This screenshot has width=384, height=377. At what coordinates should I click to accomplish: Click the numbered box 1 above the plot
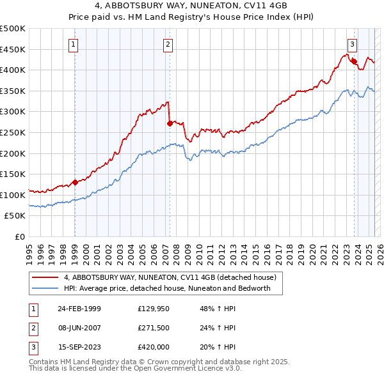[74, 45]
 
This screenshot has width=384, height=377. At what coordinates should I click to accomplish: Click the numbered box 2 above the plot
[168, 45]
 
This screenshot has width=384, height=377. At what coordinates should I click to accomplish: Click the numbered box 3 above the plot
[352, 45]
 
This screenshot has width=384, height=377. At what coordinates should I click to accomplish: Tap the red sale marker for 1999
[75, 182]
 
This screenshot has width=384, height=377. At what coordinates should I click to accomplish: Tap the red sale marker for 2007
[170, 123]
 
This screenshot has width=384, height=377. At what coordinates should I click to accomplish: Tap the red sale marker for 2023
[354, 61]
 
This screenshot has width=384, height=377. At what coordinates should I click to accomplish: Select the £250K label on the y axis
[13, 132]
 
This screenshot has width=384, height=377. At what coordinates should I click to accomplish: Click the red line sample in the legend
[45, 278]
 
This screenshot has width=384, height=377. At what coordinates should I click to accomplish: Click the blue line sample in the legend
[45, 288]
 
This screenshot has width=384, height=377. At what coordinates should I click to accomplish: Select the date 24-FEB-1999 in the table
[79, 309]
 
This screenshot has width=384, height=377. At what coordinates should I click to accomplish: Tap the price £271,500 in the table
[154, 328]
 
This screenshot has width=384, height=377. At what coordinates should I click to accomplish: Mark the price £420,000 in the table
[154, 348]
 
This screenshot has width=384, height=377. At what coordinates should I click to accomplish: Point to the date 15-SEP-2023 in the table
[79, 348]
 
